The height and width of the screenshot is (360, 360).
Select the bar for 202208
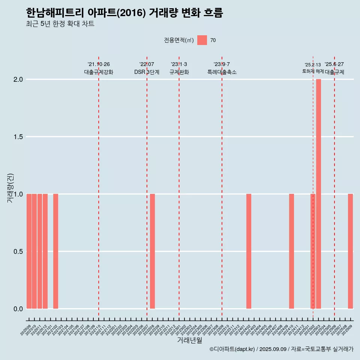tap(152, 251)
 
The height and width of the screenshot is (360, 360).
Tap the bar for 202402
tap(249, 251)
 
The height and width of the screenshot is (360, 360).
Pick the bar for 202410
tap(291, 251)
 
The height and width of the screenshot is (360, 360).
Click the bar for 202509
tap(350, 251)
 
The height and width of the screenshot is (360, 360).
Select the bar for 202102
tap(55, 251)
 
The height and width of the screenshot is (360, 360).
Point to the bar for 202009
tap(29, 251)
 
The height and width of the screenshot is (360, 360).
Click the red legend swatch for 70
tap(202, 40)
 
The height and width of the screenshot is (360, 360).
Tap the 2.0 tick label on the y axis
tap(18, 79)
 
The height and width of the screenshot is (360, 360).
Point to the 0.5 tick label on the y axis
tap(18, 251)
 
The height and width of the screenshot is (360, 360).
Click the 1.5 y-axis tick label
tap(18, 137)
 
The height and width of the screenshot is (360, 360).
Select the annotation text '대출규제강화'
tap(99, 72)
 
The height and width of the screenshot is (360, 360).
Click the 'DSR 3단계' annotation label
tap(147, 72)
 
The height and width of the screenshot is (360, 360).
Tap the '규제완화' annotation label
tap(179, 72)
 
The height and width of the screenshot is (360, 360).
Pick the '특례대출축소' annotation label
tap(222, 72)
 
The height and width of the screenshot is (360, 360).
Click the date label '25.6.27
tap(334, 64)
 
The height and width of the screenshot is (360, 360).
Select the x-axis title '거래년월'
tap(189, 340)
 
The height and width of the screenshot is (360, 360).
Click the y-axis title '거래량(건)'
tap(10, 189)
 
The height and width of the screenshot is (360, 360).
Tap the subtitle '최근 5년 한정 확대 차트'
tap(60, 24)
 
